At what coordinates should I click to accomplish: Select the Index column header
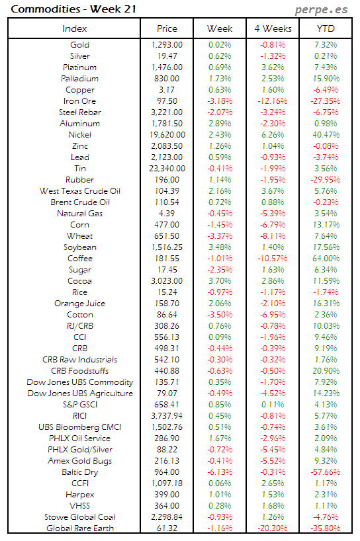74,29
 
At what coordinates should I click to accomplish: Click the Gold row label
79,45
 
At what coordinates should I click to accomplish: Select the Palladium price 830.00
167,79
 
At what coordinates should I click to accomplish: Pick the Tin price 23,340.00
167,169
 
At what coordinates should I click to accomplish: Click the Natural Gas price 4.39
167,214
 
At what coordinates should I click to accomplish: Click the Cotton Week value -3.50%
220,315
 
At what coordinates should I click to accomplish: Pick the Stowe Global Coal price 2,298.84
167,517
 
